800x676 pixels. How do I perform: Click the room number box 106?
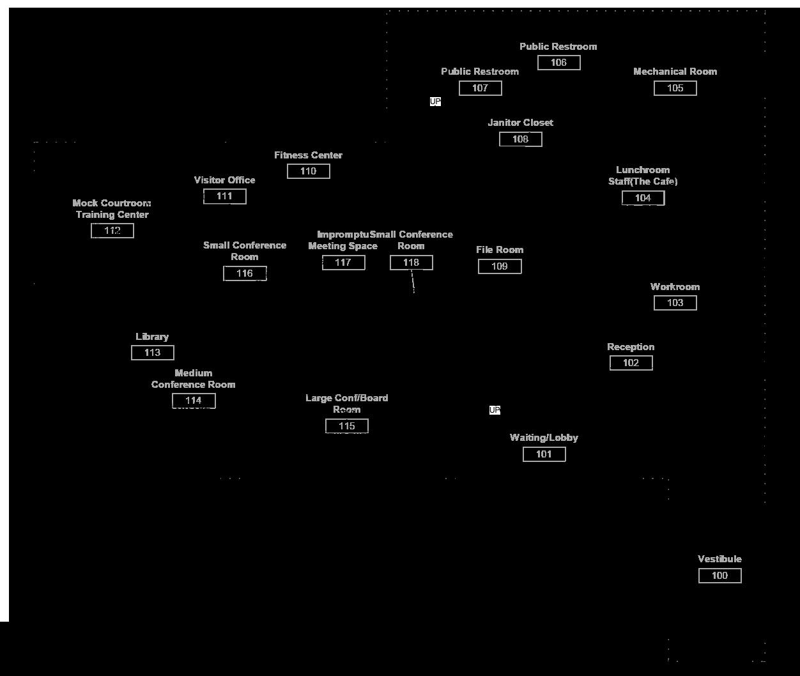click(x=558, y=63)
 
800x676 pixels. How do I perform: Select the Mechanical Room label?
click(x=675, y=72)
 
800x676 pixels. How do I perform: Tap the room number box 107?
click(x=480, y=88)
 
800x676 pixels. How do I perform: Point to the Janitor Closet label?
click(x=520, y=123)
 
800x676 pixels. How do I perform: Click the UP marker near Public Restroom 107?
click(x=435, y=102)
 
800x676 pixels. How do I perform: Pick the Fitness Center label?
click(x=308, y=155)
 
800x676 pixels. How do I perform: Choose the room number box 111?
click(x=224, y=196)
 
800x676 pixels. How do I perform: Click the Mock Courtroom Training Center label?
click(x=112, y=209)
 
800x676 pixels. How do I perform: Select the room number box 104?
click(x=643, y=198)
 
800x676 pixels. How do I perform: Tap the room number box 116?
click(x=245, y=273)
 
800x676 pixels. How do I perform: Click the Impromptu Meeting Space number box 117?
click(x=343, y=263)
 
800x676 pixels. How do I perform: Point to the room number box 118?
click(x=411, y=263)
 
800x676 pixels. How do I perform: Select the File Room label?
click(x=499, y=250)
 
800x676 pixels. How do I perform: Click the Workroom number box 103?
click(x=675, y=303)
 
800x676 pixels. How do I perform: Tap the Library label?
click(x=152, y=337)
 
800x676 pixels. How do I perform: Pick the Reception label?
click(x=630, y=347)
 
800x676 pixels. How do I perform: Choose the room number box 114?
click(x=194, y=401)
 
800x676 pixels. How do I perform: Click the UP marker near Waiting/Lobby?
click(x=495, y=410)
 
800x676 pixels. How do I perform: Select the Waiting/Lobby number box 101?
click(x=544, y=454)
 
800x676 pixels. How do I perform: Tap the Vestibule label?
click(x=719, y=559)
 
